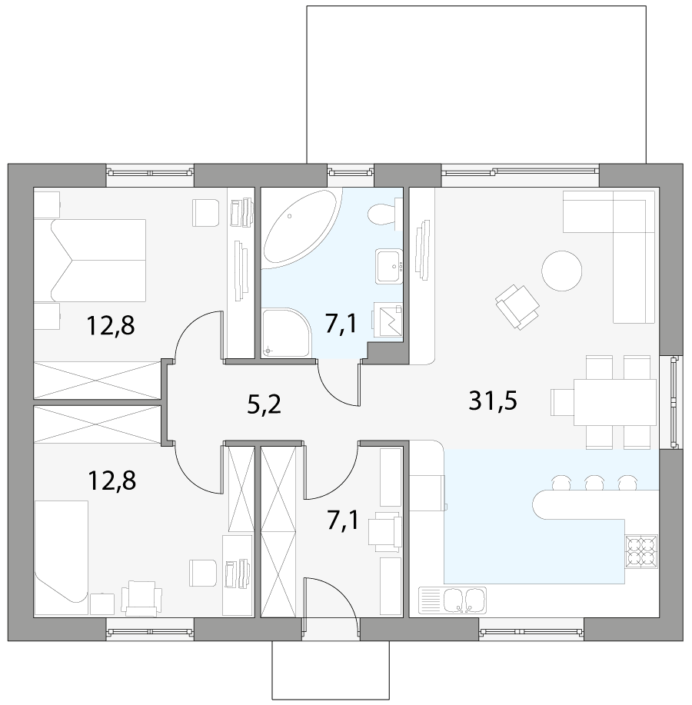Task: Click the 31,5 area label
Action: (493, 401)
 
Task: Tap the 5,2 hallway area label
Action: (264, 403)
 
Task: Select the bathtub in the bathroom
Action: (299, 227)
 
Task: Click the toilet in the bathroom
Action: (381, 212)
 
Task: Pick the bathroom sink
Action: (389, 266)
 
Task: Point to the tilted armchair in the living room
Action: (517, 305)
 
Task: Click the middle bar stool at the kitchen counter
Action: (593, 483)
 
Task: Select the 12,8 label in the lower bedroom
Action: (111, 481)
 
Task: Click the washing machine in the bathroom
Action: (388, 320)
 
